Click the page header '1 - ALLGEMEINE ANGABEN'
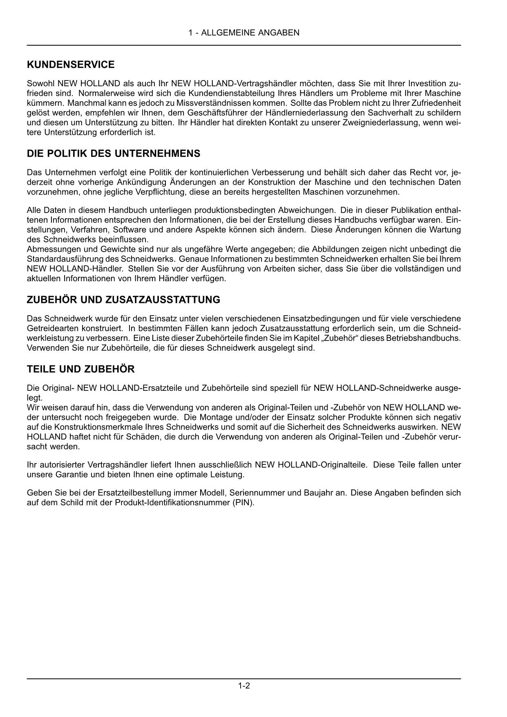(x=244, y=33)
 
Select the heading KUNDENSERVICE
(x=71, y=65)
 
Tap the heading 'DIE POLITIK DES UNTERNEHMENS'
(x=114, y=154)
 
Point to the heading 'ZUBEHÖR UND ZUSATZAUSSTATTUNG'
(x=123, y=300)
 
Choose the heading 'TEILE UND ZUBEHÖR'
(x=80, y=369)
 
